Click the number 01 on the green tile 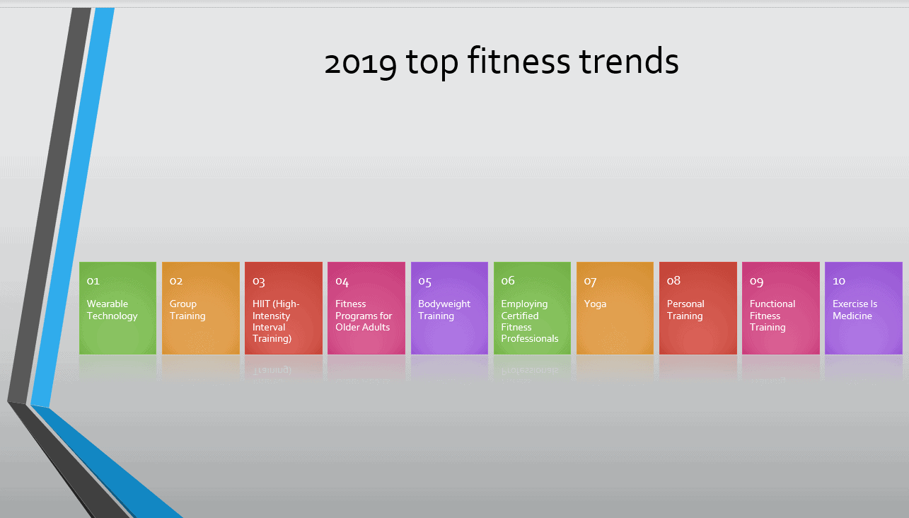tap(93, 281)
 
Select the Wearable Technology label tap(112, 310)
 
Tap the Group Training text tap(187, 310)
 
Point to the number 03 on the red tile tap(258, 282)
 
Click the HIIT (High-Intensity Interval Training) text tap(276, 321)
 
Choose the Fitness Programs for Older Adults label tap(364, 316)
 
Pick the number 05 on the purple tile tap(424, 282)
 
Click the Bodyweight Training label tap(444, 310)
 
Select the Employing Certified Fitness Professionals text tap(530, 321)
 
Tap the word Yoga tap(595, 304)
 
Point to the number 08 tap(673, 280)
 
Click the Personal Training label tap(685, 310)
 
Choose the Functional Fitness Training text tap(772, 316)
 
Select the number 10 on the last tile tap(839, 281)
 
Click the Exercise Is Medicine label tap(855, 310)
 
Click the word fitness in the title tap(519, 60)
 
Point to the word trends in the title tap(629, 61)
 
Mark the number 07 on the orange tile tap(590, 282)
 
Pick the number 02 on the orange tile tap(175, 281)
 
